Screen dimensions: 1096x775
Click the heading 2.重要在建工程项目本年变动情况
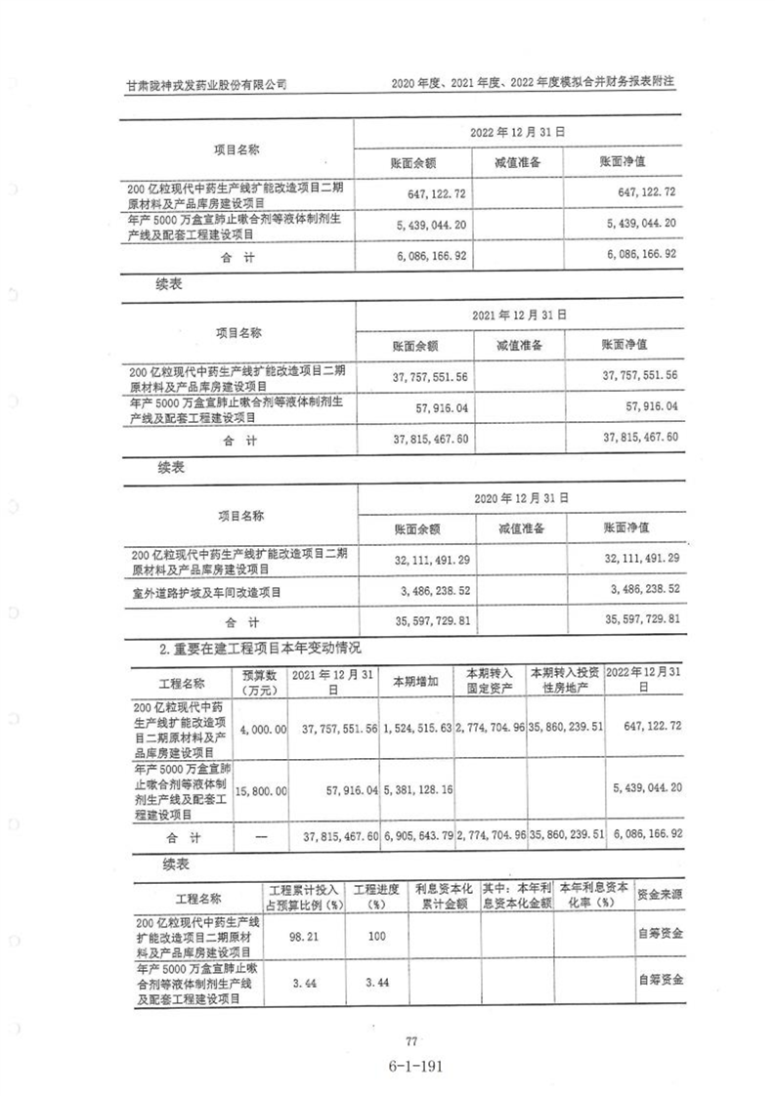(x=261, y=647)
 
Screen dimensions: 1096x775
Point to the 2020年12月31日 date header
(x=520, y=497)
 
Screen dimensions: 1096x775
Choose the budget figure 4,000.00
(x=260, y=729)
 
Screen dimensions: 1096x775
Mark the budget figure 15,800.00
(x=260, y=788)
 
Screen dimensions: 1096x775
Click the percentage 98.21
(x=305, y=935)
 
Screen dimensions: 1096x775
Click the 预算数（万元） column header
(x=259, y=682)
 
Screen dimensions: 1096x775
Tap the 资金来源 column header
(x=660, y=895)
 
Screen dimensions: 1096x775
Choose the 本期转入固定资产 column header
(x=490, y=682)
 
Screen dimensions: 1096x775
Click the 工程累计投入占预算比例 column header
(x=305, y=896)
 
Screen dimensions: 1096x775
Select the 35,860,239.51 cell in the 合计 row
(x=566, y=837)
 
